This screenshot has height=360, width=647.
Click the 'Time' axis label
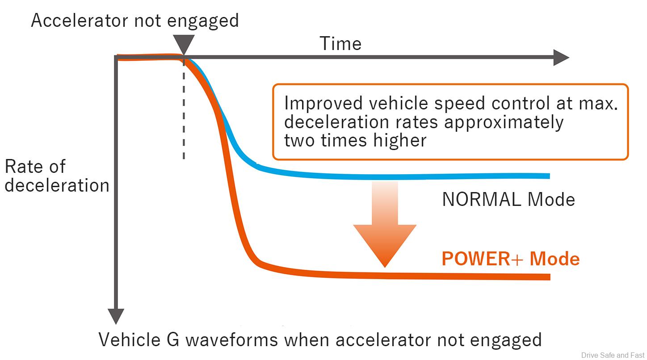click(340, 44)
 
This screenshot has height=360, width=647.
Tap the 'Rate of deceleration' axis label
click(57, 176)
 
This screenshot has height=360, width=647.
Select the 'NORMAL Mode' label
click(508, 200)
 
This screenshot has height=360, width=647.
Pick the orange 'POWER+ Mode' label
click(510, 259)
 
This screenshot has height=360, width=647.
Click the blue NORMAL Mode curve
click(402, 176)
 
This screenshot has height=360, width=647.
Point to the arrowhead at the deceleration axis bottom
click(116, 316)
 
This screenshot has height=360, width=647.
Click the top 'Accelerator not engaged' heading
click(134, 21)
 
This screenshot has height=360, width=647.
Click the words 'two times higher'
click(355, 141)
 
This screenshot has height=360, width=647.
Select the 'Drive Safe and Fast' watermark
click(612, 355)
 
